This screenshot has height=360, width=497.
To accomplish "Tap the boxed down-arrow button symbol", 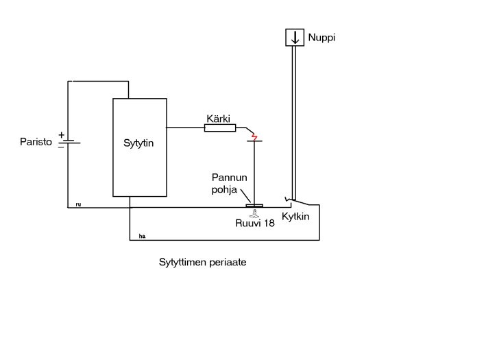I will [x=295, y=38].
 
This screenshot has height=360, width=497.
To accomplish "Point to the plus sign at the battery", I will [x=61, y=135].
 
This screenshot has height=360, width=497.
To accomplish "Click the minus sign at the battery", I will [x=61, y=146].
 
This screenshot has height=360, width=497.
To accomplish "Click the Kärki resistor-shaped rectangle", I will [x=220, y=128].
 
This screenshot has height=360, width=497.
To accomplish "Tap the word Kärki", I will [x=219, y=118].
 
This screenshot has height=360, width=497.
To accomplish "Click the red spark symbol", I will [x=255, y=138].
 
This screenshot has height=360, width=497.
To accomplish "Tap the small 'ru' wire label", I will [x=78, y=204].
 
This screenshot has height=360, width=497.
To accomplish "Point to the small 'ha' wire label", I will [x=142, y=236].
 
